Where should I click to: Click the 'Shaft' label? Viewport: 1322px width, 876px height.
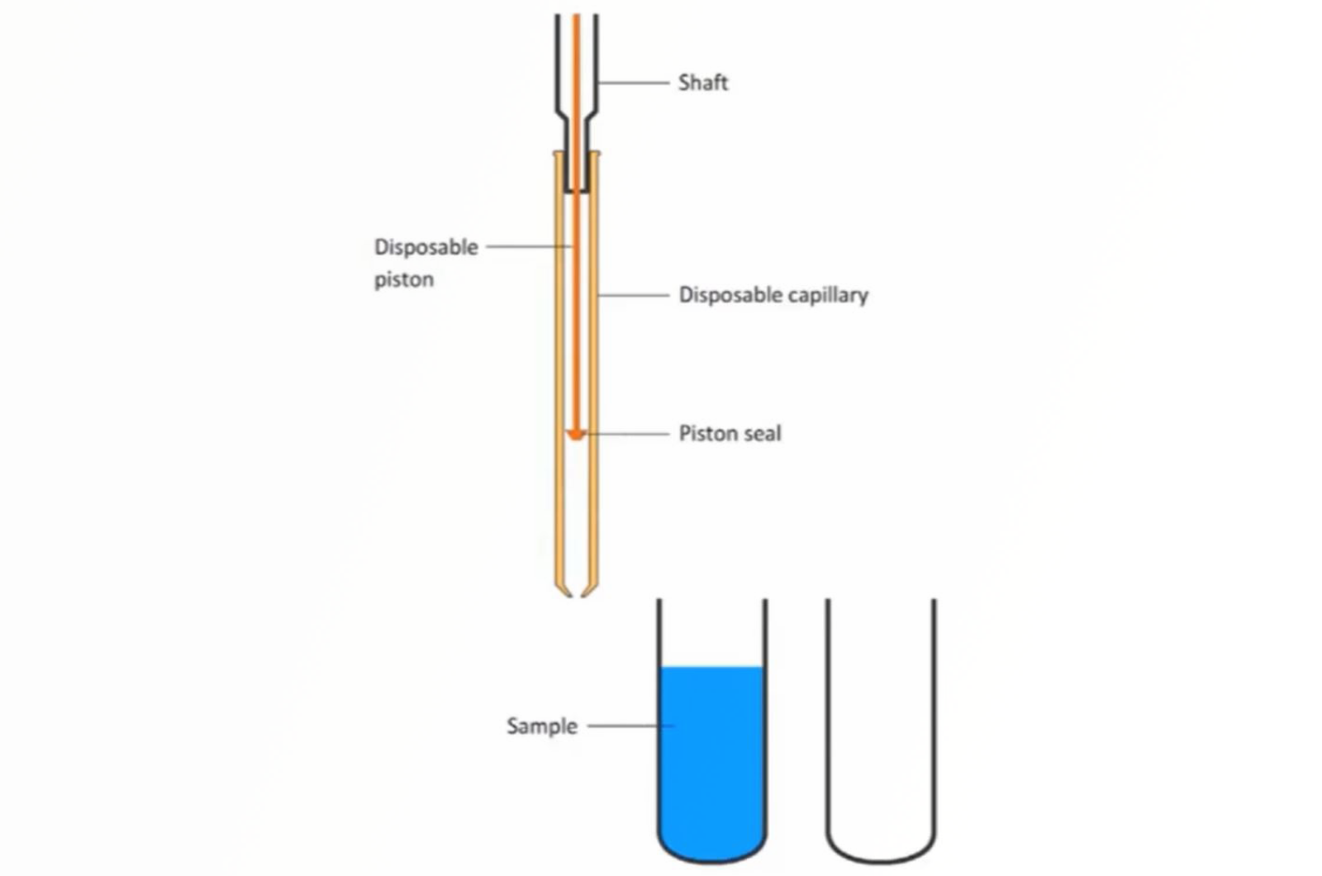(x=702, y=83)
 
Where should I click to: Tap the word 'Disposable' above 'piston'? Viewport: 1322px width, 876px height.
(x=426, y=247)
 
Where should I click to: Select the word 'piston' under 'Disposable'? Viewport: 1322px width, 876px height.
(x=403, y=279)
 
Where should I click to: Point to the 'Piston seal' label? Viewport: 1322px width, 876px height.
(x=729, y=433)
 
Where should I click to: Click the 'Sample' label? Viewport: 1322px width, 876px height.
(x=541, y=726)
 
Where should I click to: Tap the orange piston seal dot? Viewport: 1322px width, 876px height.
(x=576, y=434)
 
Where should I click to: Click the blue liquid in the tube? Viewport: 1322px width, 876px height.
(x=711, y=760)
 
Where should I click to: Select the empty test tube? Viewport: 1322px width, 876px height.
(x=880, y=727)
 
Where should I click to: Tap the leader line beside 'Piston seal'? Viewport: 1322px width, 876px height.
(x=628, y=433)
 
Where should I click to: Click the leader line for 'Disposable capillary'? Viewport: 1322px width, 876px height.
(x=634, y=294)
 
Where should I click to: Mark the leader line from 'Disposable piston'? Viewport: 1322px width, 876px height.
(x=529, y=246)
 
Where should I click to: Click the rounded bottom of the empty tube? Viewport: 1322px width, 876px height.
(x=880, y=855)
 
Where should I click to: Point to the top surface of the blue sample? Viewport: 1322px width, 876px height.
(x=711, y=668)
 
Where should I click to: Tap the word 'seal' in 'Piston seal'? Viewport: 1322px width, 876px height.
(x=761, y=433)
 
